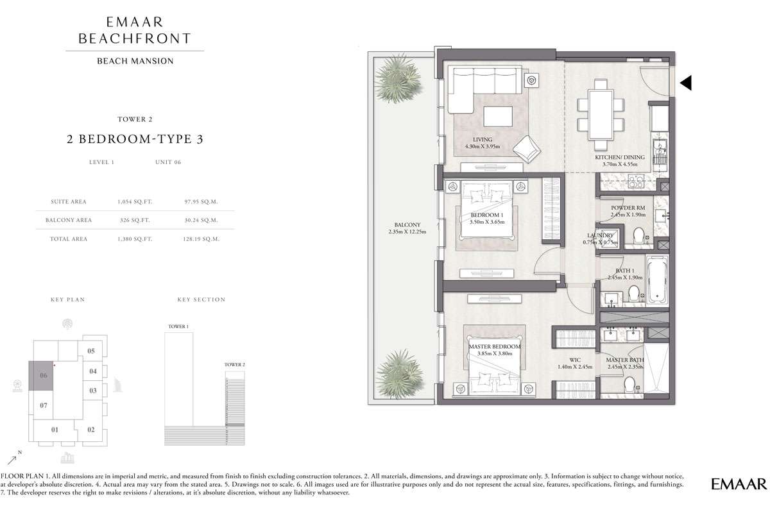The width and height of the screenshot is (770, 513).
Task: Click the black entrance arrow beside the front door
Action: point(687,83)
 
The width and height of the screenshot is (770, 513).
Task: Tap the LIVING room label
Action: point(483,140)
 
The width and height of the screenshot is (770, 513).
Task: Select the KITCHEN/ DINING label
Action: point(620,157)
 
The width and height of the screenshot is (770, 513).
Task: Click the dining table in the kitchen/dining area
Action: point(601,115)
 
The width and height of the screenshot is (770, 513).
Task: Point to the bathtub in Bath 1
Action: point(657,280)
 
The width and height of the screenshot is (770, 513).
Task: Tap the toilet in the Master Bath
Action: point(629,385)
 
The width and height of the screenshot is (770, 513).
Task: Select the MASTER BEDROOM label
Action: point(494,347)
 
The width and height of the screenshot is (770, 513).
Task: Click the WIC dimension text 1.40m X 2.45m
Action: point(575,367)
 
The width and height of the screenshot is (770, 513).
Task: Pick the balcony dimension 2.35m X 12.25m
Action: point(407,231)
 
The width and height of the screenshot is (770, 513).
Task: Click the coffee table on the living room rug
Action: point(498,116)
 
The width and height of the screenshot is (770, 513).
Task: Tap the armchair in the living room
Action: point(527,149)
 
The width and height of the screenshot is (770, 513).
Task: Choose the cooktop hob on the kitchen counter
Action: point(636,181)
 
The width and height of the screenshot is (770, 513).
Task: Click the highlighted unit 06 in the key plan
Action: point(41,376)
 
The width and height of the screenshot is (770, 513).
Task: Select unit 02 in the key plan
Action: point(90,430)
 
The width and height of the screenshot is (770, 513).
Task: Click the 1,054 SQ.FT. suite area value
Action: point(135,202)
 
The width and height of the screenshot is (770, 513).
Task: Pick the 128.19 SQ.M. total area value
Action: point(201,239)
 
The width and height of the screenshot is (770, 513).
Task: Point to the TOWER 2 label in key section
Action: point(234,365)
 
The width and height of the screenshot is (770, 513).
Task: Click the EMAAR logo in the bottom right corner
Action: point(739,484)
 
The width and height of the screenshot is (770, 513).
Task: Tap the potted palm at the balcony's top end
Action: point(398,78)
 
